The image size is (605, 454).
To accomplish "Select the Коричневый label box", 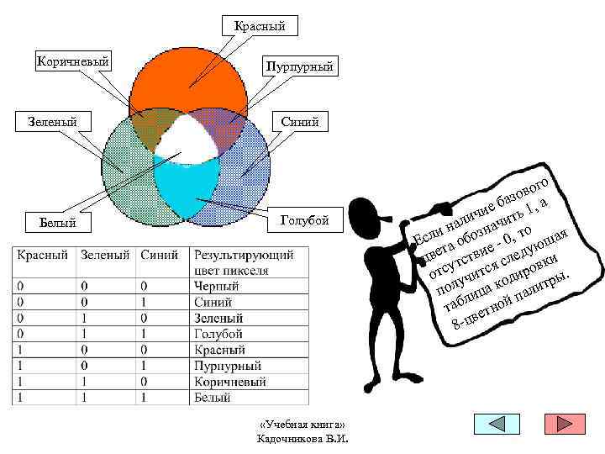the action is (x=73, y=61).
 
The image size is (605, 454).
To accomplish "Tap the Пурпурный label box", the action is (x=299, y=65).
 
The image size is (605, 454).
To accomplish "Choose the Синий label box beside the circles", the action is (x=300, y=122).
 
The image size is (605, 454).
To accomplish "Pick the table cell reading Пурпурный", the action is (x=227, y=367).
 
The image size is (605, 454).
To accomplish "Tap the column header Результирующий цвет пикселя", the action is (x=244, y=262).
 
